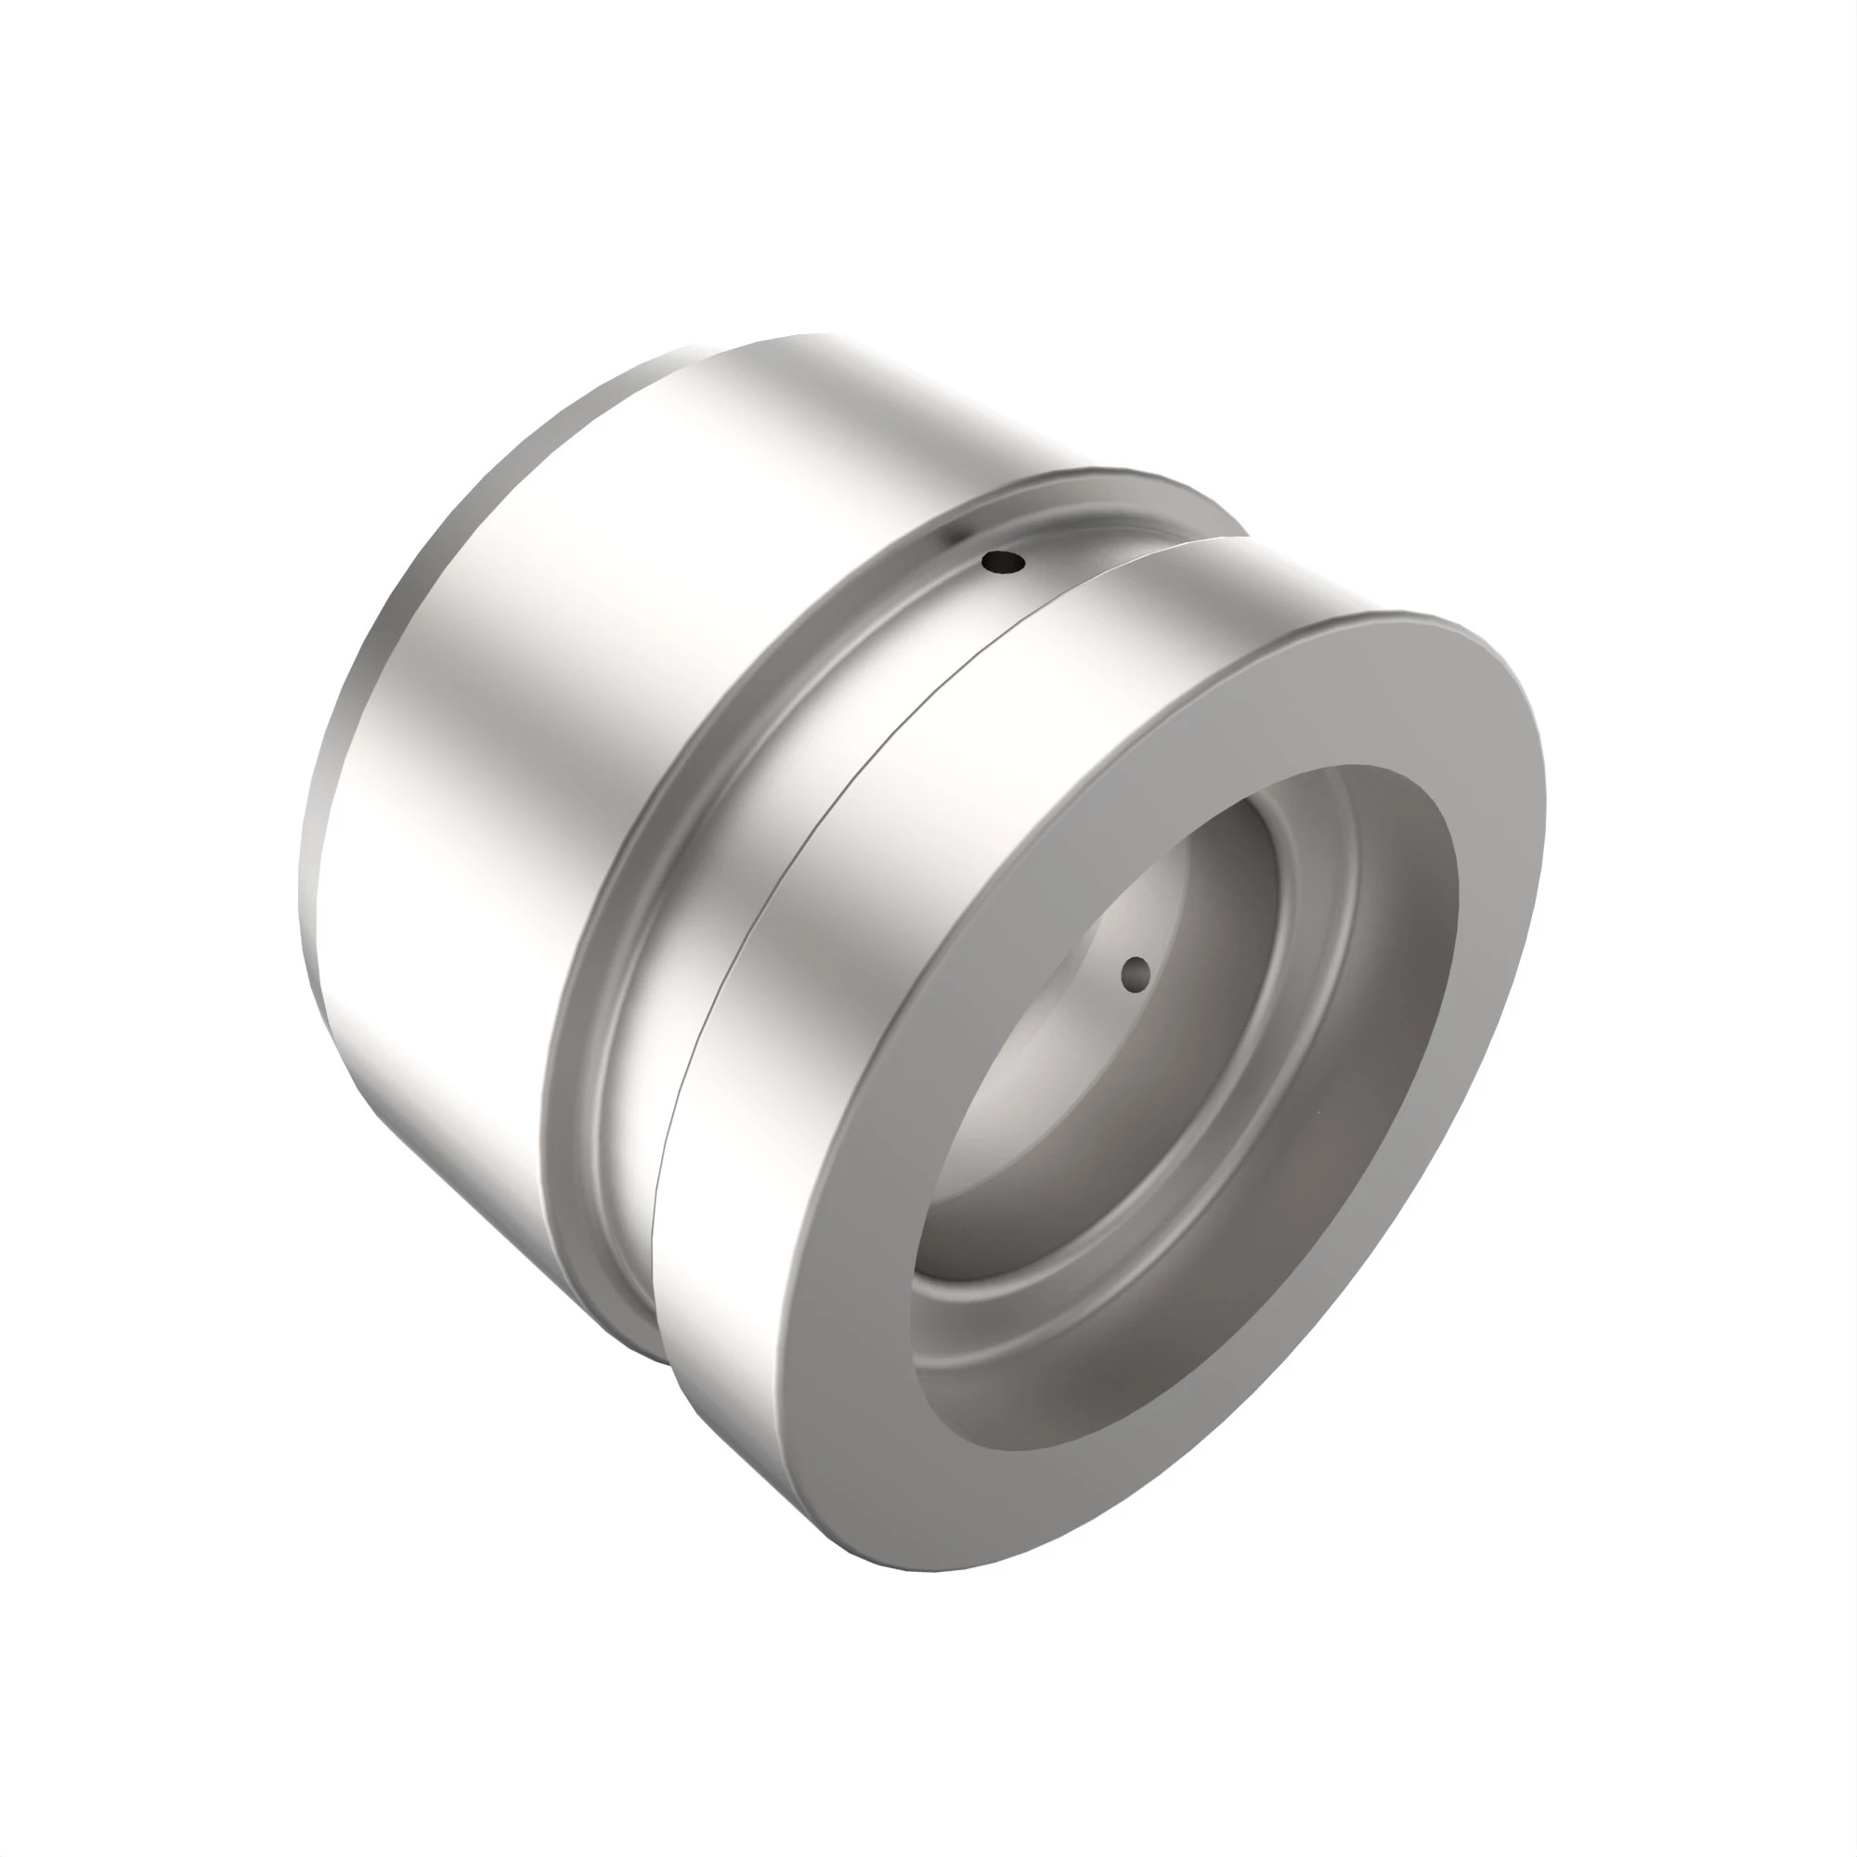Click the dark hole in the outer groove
[x=1004, y=562]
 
